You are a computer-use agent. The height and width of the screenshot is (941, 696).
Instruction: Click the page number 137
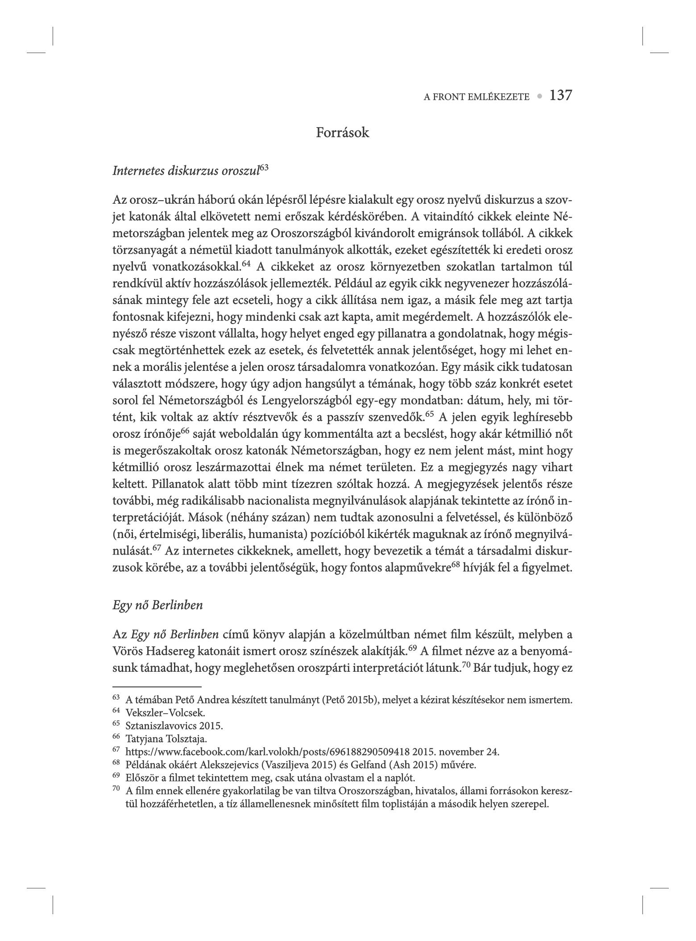(560, 95)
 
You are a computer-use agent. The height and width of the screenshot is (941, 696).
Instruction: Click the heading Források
(343, 133)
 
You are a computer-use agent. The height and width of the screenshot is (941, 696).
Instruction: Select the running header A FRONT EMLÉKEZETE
(476, 97)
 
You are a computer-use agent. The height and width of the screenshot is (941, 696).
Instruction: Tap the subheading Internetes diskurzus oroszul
(186, 171)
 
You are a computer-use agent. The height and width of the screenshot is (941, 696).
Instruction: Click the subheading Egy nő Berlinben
(158, 605)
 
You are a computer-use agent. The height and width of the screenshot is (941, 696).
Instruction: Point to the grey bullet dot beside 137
(540, 96)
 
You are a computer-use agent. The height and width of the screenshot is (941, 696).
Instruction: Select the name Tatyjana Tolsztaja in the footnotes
(167, 739)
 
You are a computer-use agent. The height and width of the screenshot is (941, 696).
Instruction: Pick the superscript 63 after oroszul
(264, 168)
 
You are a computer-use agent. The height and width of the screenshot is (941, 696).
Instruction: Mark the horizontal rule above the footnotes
(157, 687)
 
